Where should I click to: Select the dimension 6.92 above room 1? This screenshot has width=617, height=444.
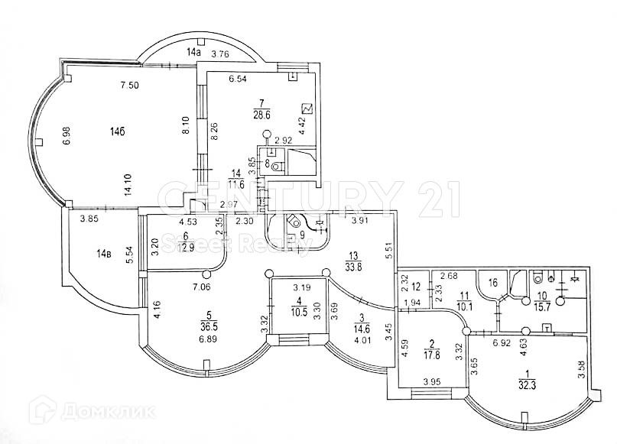click(501, 343)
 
